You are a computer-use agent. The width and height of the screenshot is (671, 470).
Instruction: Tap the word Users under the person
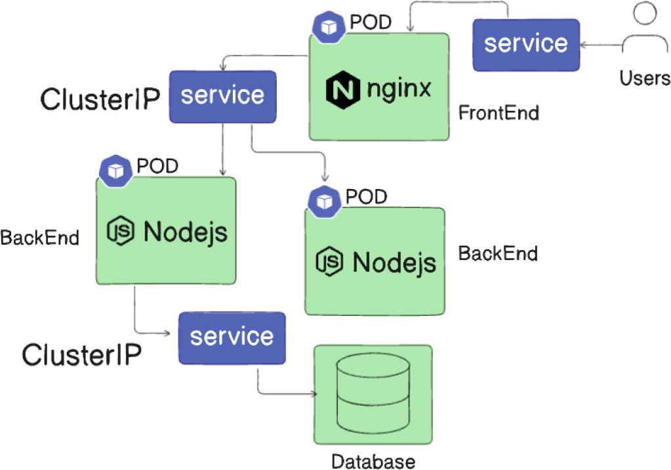click(x=645, y=79)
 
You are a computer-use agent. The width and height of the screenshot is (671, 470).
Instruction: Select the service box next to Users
click(x=526, y=45)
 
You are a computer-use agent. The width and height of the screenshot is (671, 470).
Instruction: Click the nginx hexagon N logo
click(x=342, y=89)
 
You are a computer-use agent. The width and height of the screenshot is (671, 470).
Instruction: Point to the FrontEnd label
click(x=498, y=113)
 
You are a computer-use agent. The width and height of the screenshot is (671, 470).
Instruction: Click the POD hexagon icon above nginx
click(x=327, y=26)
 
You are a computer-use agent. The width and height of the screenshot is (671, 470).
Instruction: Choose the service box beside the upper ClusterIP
click(x=222, y=96)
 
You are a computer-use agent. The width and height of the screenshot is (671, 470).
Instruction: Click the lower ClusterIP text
click(x=81, y=355)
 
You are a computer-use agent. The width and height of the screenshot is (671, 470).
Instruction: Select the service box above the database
click(x=232, y=337)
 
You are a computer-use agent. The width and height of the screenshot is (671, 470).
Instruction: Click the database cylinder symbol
click(x=373, y=393)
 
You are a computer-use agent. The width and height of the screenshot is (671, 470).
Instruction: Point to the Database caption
click(x=373, y=461)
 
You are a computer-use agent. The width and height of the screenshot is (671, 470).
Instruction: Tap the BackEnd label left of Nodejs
click(x=39, y=238)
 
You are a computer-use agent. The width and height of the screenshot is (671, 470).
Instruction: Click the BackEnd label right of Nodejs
click(x=498, y=253)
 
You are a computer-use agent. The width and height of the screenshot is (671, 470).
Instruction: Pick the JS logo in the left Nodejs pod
click(x=121, y=231)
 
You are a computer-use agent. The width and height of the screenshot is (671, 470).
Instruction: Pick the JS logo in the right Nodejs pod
click(x=331, y=261)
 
